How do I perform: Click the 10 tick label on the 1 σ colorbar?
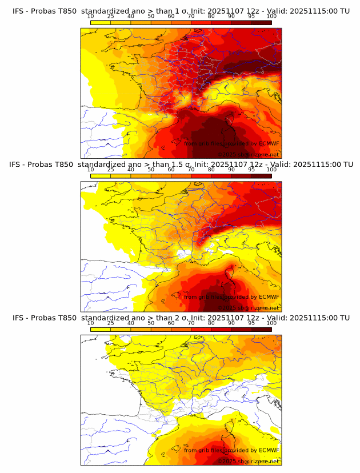pos(91,16)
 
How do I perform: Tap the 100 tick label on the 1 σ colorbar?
pos(271,16)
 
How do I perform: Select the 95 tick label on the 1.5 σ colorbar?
pos(251,170)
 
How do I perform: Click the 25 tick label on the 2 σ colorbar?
pos(111,323)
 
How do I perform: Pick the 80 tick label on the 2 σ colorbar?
pos(211,323)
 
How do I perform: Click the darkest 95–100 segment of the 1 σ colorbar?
pos(261,22)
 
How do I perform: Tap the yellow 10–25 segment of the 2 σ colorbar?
pos(101,330)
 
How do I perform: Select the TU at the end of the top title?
pos(345,10)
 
